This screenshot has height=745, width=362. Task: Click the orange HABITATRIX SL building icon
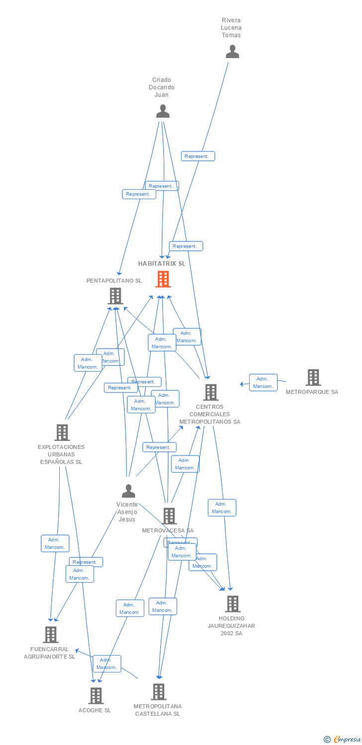coord(163,279)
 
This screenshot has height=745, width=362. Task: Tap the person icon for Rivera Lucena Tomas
coord(232,52)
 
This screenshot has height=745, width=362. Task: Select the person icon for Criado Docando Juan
coord(163,111)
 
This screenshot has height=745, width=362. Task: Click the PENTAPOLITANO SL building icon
coord(115,296)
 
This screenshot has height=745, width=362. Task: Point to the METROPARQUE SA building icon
coord(313,377)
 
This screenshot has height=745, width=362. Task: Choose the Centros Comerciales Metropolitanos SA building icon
coord(210,392)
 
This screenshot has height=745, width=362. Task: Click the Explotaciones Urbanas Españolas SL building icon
coord(62,433)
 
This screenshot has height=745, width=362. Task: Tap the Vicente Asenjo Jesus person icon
coord(128,491)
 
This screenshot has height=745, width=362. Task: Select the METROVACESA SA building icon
coord(169,516)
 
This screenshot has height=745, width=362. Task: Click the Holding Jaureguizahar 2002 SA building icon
coord(232,604)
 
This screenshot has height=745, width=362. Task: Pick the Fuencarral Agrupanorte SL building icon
coord(50,635)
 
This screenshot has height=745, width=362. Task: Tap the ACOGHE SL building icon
coord(95,696)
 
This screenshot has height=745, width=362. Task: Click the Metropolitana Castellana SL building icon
coord(158,692)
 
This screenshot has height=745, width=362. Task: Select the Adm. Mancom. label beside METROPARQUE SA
coord(263,382)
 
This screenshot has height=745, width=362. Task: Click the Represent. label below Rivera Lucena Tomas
coord(198,156)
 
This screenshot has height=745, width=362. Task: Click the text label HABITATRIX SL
coord(162,264)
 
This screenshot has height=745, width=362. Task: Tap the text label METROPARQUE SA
coord(312,392)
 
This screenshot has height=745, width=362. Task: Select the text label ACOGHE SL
coord(94,710)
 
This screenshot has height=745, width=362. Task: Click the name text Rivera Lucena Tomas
coord(231,28)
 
